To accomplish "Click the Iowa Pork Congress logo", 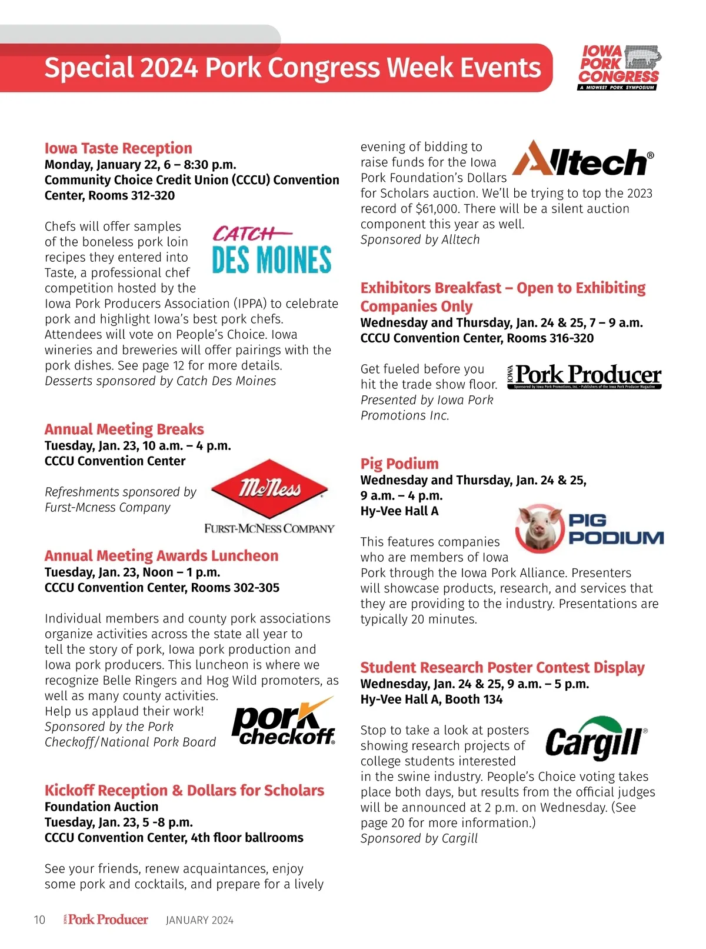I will pyautogui.click(x=619, y=68).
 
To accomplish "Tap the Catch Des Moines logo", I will pyautogui.click(x=272, y=251).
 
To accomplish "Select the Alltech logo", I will pyautogui.click(x=582, y=159).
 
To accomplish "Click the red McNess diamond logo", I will pyautogui.click(x=269, y=488).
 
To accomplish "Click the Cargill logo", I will pyautogui.click(x=595, y=738).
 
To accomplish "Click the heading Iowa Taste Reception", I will pyautogui.click(x=118, y=148).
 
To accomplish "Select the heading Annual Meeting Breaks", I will pyautogui.click(x=124, y=429).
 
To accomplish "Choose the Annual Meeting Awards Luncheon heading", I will pyautogui.click(x=161, y=556).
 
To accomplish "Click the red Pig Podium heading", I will pyautogui.click(x=399, y=464).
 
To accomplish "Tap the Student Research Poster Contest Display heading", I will pyautogui.click(x=502, y=668).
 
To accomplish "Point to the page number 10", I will pyautogui.click(x=39, y=920).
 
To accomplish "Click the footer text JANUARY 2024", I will pyautogui.click(x=199, y=920).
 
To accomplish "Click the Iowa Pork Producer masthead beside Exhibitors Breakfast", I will pyautogui.click(x=584, y=376).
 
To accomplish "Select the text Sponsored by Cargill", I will pyautogui.click(x=419, y=838).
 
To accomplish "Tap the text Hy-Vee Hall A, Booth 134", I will pyautogui.click(x=431, y=700).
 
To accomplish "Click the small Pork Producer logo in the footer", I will pyautogui.click(x=106, y=920).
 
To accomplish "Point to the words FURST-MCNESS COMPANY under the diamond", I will pyautogui.click(x=269, y=528).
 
